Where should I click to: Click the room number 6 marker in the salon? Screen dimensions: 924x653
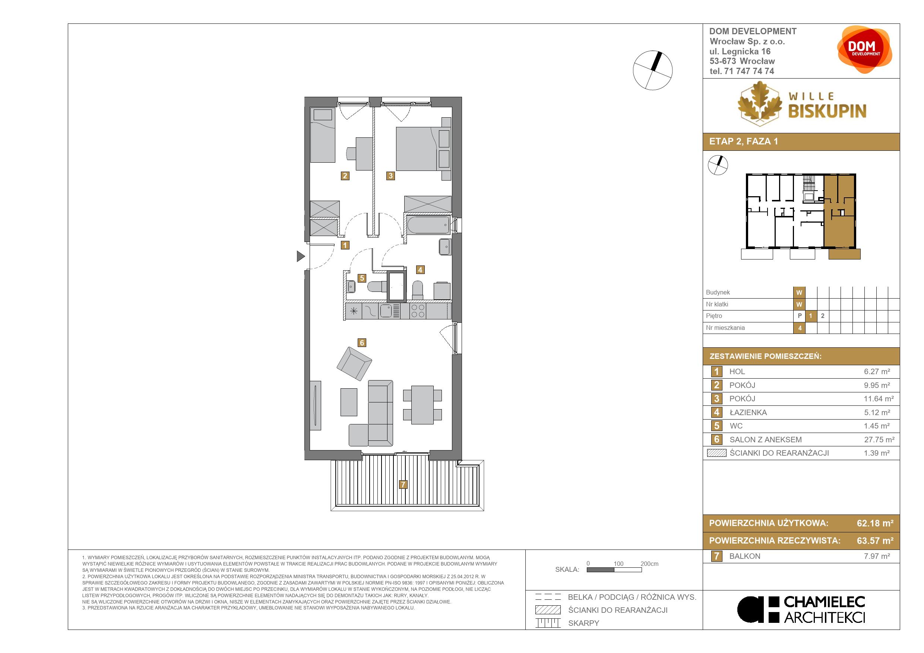click(362, 343)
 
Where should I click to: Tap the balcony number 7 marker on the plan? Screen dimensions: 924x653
click(403, 484)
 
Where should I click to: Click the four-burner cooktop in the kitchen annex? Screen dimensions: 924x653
click(418, 311)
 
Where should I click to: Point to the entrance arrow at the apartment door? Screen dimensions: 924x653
click(301, 256)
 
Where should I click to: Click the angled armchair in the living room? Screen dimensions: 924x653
click(354, 363)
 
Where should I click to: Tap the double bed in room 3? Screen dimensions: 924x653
click(418, 149)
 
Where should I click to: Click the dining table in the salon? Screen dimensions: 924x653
click(422, 405)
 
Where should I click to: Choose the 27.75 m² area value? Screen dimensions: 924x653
click(879, 439)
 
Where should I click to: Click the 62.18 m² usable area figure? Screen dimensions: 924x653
click(875, 523)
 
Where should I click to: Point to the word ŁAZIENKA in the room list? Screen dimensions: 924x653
click(748, 412)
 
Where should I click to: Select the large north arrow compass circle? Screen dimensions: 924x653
click(652, 70)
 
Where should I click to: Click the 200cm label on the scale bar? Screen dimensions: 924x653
click(649, 564)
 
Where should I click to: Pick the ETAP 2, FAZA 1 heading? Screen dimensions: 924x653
click(743, 141)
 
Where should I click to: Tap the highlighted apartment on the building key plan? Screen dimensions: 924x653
click(839, 212)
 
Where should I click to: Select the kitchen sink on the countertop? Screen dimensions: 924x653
click(386, 311)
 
